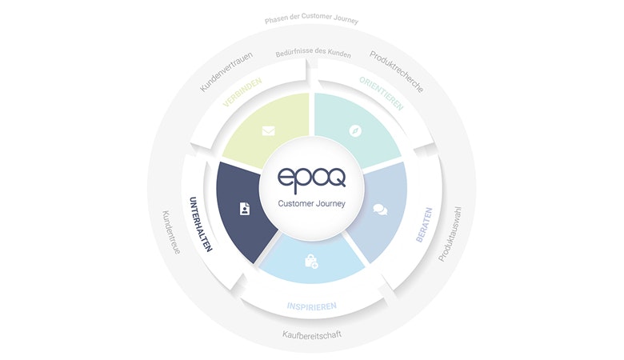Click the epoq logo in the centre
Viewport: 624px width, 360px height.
pyautogui.click(x=312, y=180)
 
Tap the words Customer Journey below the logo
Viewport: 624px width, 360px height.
pyautogui.click(x=312, y=204)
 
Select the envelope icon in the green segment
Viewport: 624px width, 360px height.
pyautogui.click(x=268, y=130)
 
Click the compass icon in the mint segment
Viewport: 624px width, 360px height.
pyautogui.click(x=355, y=131)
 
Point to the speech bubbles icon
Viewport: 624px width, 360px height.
pyautogui.click(x=380, y=210)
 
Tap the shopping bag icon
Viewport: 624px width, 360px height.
pyautogui.click(x=311, y=262)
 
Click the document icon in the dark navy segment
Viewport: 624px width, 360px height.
pyautogui.click(x=245, y=209)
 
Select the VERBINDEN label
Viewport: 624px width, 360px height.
pyautogui.click(x=242, y=92)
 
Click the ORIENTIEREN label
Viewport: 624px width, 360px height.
pyautogui.click(x=382, y=94)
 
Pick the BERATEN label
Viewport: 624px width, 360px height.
pyautogui.click(x=424, y=224)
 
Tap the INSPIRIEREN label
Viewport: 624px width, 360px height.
pyautogui.click(x=312, y=306)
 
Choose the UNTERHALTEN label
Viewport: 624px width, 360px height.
pyautogui.click(x=200, y=224)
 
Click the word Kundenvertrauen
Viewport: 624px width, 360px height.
pyautogui.click(x=226, y=72)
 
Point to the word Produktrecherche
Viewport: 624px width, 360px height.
pyautogui.click(x=396, y=72)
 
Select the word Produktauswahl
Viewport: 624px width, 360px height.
pyautogui.click(x=450, y=234)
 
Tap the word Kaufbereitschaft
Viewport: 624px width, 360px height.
pyautogui.click(x=312, y=334)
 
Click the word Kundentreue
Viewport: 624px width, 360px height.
pyautogui.click(x=171, y=232)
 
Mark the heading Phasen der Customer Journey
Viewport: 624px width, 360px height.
pyautogui.click(x=312, y=18)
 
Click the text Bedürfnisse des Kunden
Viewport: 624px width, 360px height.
pyautogui.click(x=313, y=53)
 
